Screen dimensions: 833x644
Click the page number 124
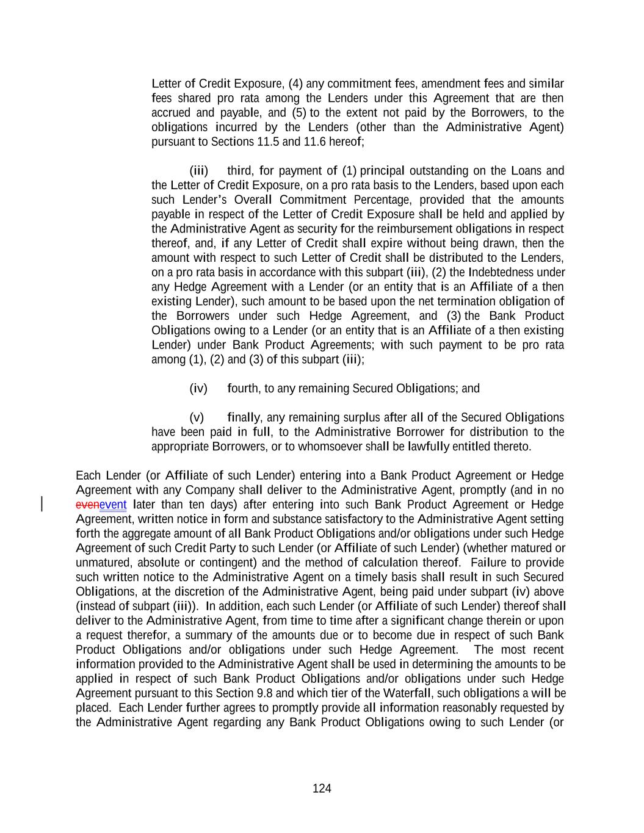322,788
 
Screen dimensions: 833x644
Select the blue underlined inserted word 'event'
113,505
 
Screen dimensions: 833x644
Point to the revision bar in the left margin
42,504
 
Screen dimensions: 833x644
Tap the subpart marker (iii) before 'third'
199,171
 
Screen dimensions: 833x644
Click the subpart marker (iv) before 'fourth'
199,389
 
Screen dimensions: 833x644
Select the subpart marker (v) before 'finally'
197,418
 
